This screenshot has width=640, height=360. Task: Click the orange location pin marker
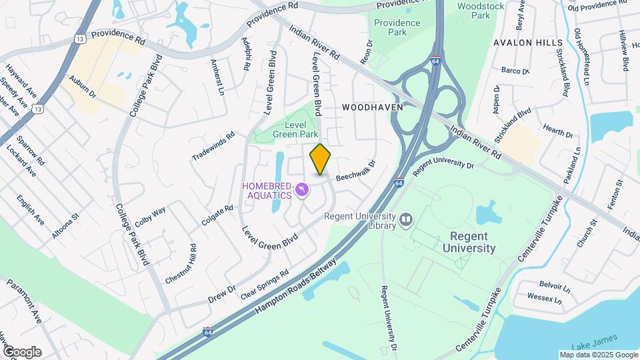click(321, 159)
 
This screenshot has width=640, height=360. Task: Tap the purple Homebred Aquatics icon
click(302, 191)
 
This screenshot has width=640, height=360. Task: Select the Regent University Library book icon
click(406, 219)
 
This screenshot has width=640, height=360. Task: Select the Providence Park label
click(397, 27)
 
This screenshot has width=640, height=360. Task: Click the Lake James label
click(587, 345)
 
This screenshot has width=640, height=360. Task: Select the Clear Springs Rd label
click(265, 284)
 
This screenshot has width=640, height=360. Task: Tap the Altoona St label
click(65, 226)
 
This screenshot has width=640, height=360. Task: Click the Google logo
click(21, 352)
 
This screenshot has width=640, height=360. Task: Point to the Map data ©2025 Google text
click(598, 355)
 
